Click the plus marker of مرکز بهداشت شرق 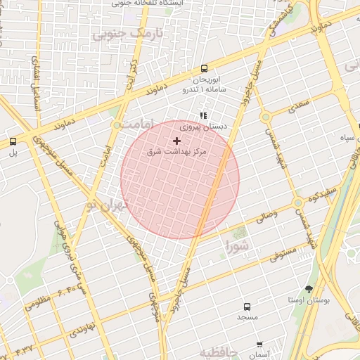coord(176,141)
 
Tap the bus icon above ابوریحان coord(204,69)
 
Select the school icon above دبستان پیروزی coord(203,116)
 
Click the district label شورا coord(237,246)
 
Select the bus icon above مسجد coord(247,307)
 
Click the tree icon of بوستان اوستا coord(309,289)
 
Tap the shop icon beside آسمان coord(259,345)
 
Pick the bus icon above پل coord(13,141)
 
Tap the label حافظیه coord(219,352)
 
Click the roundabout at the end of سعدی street coord(265,117)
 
